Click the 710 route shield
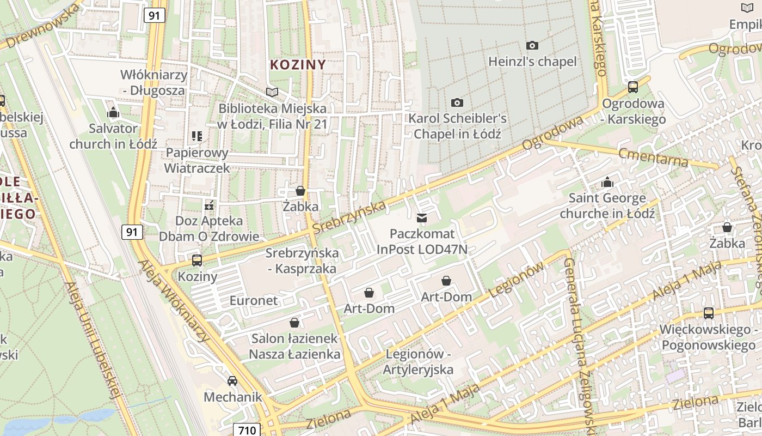point(247,430)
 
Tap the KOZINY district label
point(298,64)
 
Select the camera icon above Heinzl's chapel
point(532,45)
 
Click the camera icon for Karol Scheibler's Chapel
point(457,102)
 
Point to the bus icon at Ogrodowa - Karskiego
point(633,87)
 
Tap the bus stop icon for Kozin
point(197,260)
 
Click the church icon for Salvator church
point(113,113)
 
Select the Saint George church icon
point(607,182)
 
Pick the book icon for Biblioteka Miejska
point(272,92)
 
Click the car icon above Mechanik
point(232,380)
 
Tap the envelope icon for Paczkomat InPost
point(422,218)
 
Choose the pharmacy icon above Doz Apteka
point(209,205)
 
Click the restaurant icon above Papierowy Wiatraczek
point(197,136)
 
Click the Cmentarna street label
point(653,156)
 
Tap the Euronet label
point(254,300)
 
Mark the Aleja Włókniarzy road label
point(174,301)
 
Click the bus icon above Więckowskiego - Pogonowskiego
point(708,313)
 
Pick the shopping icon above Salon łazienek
point(294,323)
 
